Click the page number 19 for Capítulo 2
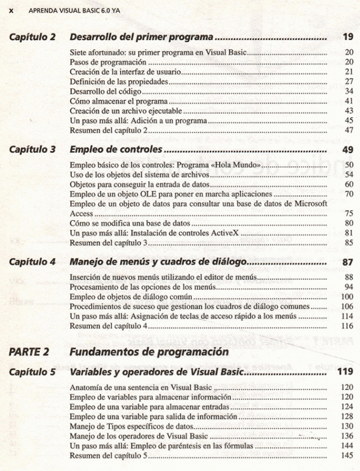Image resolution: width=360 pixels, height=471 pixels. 347,37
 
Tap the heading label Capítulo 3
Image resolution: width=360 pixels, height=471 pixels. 32,149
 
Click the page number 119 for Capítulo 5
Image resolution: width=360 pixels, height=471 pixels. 345,372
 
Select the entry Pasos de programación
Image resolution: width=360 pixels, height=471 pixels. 108,62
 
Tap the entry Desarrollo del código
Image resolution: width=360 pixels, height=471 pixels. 105,91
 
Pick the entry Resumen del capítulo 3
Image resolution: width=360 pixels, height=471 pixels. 108,242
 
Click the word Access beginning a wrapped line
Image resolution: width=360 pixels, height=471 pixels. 82,213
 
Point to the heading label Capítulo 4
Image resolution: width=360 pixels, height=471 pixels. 32,262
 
